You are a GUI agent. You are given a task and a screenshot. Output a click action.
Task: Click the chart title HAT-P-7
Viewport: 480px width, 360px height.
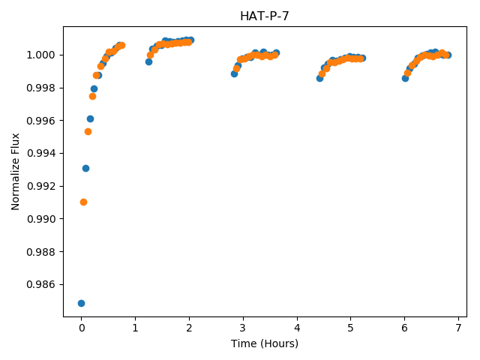(x=265, y=16)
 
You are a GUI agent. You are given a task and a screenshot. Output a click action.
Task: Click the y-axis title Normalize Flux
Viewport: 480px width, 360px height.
(x=15, y=172)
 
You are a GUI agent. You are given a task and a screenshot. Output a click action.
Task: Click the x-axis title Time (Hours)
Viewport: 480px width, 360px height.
(x=265, y=343)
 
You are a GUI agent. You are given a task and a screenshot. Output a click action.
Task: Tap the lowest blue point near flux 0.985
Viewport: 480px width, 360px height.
(x=81, y=303)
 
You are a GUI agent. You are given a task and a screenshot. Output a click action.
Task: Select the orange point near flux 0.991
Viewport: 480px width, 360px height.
(x=83, y=202)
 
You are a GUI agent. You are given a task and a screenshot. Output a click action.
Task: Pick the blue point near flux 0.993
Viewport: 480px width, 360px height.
(x=85, y=168)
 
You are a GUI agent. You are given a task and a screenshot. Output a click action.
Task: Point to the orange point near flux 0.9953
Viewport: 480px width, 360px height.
(x=88, y=132)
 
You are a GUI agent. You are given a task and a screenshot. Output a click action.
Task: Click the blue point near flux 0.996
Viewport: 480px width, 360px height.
(x=90, y=118)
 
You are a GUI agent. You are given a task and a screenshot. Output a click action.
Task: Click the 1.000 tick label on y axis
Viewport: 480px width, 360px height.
(x=41, y=55)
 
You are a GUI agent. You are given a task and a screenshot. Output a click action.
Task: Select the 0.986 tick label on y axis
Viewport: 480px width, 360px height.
(x=41, y=285)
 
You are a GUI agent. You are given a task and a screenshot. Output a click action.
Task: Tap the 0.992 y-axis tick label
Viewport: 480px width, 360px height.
(x=41, y=186)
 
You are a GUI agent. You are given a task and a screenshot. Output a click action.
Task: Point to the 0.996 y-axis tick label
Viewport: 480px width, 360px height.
(x=41, y=121)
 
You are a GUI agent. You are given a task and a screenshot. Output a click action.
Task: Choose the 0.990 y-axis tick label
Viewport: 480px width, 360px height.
(x=41, y=219)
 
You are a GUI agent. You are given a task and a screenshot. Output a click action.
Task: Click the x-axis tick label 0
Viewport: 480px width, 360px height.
(x=82, y=328)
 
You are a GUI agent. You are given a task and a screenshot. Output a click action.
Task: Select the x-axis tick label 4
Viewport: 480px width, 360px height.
(x=297, y=328)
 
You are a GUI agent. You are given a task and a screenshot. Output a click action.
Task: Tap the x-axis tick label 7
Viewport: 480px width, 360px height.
(x=458, y=328)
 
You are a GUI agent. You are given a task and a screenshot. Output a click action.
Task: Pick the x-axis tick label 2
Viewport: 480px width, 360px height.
(x=189, y=328)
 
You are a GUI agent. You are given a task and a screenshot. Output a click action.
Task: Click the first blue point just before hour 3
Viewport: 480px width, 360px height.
(x=234, y=73)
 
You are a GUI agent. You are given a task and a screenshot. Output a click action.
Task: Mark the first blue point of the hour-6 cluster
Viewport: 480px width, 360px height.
(x=405, y=78)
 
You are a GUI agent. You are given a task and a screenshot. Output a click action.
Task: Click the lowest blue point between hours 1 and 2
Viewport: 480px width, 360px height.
(x=148, y=61)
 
